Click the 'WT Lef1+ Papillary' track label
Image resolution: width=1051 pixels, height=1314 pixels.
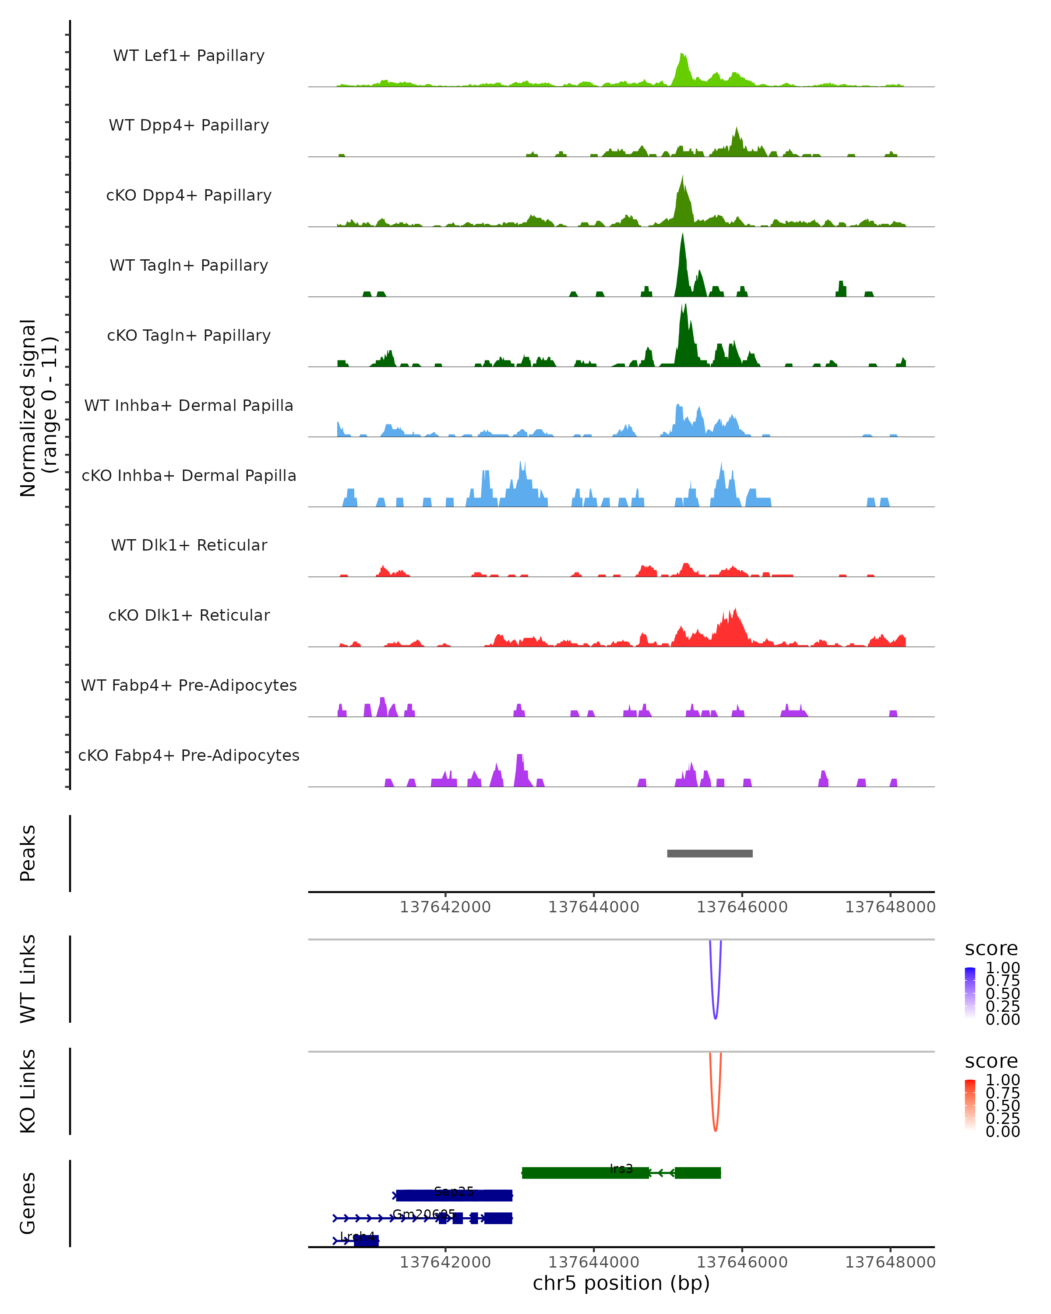[189, 56]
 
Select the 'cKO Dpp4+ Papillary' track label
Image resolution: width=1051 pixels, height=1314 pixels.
[189, 196]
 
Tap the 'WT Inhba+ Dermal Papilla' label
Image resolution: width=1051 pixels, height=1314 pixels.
[189, 406]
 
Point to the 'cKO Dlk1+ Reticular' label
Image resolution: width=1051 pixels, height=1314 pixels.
[189, 615]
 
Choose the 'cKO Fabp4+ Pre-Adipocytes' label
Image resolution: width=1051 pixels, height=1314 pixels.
[189, 756]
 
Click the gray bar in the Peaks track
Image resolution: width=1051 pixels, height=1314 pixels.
[710, 853]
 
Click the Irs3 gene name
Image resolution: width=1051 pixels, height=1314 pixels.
[621, 1168]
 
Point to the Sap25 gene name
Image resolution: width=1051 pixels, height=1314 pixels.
[454, 1191]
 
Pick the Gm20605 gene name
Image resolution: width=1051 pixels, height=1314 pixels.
[423, 1214]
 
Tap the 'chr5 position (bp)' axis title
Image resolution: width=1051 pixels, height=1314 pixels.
[621, 1283]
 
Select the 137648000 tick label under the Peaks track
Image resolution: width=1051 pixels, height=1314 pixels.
[890, 907]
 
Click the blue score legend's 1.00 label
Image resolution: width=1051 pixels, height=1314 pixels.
[1003, 968]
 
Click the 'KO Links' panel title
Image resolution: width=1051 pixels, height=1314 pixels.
[28, 1091]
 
